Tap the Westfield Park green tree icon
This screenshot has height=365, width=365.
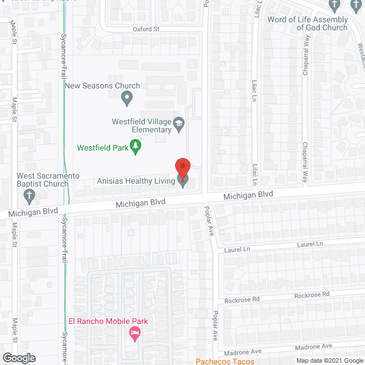click(x=136, y=147)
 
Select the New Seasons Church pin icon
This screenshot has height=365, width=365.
click(x=127, y=100)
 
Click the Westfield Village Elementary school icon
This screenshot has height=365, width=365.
click(x=179, y=125)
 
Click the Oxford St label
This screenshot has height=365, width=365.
click(x=145, y=29)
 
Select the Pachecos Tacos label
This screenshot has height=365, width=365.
click(x=224, y=361)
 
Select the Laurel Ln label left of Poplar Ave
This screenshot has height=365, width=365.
click(x=238, y=249)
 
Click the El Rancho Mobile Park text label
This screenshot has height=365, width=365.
click(x=108, y=321)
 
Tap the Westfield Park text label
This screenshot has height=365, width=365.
click(x=103, y=148)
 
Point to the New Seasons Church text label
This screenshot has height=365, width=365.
click(x=102, y=86)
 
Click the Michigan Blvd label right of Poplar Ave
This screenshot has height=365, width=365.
click(x=248, y=195)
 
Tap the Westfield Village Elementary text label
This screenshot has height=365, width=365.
click(x=141, y=125)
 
